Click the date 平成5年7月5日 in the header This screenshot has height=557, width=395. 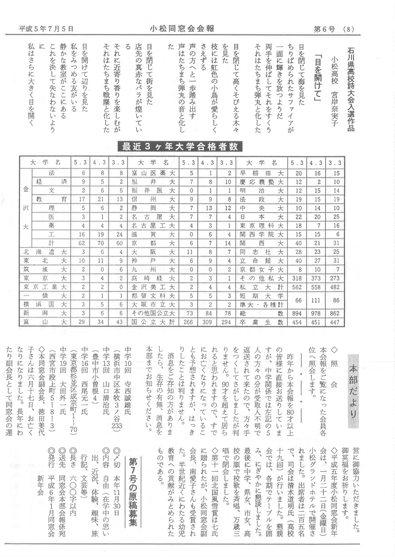[46, 29]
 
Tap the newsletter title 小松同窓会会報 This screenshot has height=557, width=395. [182, 28]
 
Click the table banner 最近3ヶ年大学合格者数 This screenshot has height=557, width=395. [180, 146]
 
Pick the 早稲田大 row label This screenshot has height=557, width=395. [261, 173]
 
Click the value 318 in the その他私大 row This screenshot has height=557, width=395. [297, 278]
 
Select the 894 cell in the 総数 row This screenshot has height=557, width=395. [297, 314]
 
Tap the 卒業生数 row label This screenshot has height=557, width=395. [261, 322]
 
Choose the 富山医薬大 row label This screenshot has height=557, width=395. [153, 173]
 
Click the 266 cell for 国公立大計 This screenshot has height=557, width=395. [188, 322]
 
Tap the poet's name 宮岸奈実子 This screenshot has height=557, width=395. [335, 91]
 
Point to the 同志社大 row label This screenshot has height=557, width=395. [261, 252]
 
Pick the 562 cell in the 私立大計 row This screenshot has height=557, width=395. [297, 287]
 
